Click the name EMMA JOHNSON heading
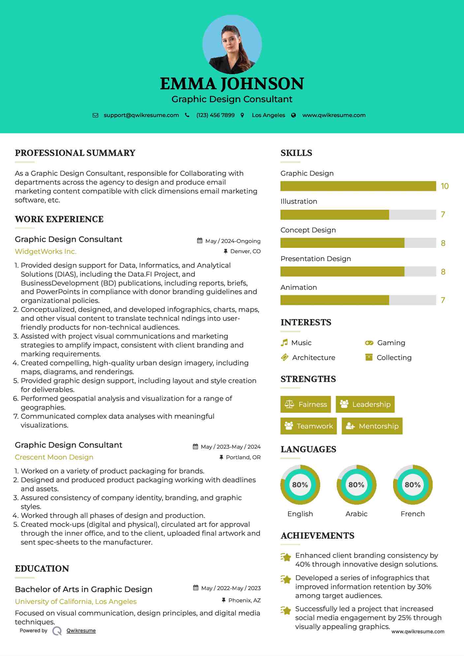pos(232,84)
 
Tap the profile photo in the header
pos(232,45)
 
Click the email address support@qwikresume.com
pos(141,115)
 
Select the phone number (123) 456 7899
pos(215,115)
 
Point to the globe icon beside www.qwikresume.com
pos(294,115)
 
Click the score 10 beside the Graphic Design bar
pos(445,186)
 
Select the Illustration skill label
pos(299,201)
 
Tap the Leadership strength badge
pos(365,404)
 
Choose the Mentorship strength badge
pos(372,426)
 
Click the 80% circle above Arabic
pos(356,485)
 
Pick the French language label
pos(413,514)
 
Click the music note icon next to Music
pos(284,343)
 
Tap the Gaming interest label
pos(391,343)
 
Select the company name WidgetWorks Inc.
pos(46,252)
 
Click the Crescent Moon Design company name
pos(54,457)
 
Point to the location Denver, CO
pos(245,251)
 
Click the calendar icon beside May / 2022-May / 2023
pos(196,588)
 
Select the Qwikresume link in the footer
pos(81,631)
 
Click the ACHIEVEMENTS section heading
pos(317,536)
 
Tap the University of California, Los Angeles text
pos(76,602)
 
